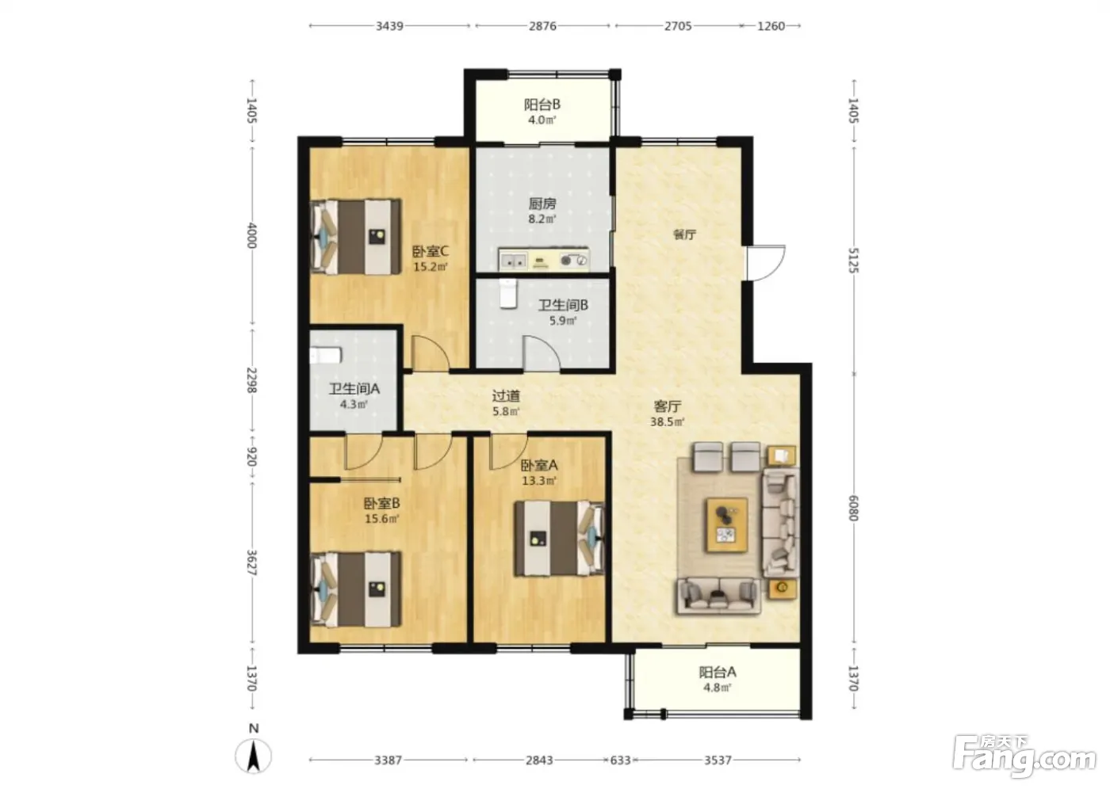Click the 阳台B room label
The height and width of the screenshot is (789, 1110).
[x=542, y=105]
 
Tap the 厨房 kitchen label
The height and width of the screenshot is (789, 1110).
[x=542, y=204]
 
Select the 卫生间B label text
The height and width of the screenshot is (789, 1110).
[x=563, y=305]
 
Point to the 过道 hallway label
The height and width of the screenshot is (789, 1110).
[x=506, y=396]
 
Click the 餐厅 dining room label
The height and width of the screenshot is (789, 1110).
[x=684, y=234]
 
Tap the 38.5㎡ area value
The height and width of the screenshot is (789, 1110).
[x=667, y=421]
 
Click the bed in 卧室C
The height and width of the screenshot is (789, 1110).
[x=356, y=237]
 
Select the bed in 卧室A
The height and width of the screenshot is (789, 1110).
[x=560, y=539]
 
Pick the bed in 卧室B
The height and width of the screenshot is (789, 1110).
[x=356, y=589]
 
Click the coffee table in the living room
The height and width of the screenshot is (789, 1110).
[x=727, y=525]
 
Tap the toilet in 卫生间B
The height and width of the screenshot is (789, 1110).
[x=507, y=294]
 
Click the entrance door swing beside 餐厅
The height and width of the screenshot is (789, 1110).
[x=767, y=263]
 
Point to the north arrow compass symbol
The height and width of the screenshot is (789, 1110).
[x=253, y=756]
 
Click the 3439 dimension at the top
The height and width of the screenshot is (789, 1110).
[x=389, y=25]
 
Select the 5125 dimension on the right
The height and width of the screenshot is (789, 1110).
[x=853, y=261]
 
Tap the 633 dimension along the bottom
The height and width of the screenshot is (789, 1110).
[x=620, y=760]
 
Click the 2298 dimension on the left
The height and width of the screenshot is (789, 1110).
[x=252, y=380]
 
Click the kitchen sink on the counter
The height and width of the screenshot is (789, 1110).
[x=513, y=261]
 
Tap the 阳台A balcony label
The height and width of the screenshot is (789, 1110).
[x=718, y=673]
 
